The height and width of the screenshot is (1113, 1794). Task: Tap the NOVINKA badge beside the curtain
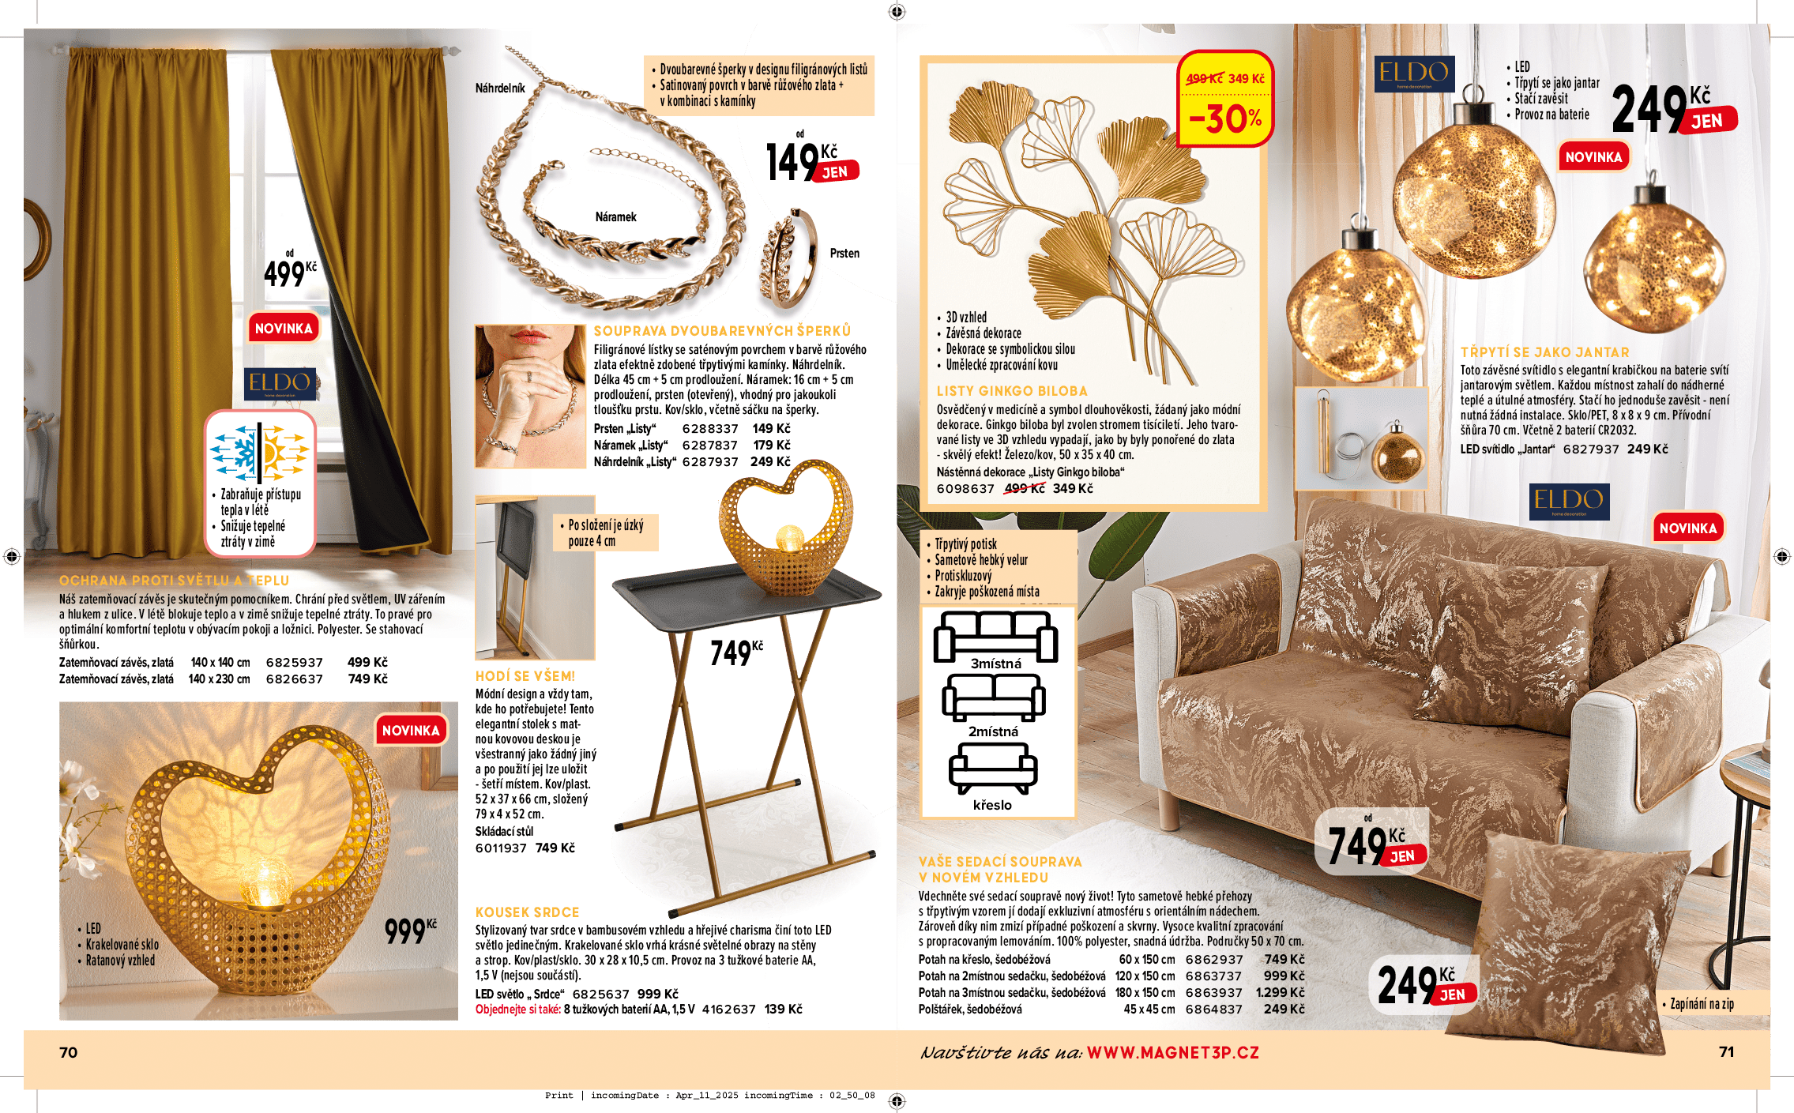[x=284, y=328]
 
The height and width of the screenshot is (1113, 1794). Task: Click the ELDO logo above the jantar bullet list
[x=1413, y=74]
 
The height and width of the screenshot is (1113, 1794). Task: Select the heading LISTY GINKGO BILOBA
[x=1012, y=391]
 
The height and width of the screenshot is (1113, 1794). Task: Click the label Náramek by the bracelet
[x=615, y=217]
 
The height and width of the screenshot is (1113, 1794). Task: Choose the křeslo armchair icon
[x=993, y=771]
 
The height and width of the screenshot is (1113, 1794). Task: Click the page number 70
[x=69, y=1052]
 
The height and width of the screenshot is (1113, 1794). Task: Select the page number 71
[x=1726, y=1051]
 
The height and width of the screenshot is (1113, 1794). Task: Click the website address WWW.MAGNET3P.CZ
[x=1172, y=1052]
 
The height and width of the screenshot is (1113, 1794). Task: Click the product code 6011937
[x=501, y=848]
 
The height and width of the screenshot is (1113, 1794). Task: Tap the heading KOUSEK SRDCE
[x=527, y=912]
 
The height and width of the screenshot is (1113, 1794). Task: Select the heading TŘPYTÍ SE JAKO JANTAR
[x=1544, y=352]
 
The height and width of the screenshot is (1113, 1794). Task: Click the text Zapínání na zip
[x=1702, y=1004]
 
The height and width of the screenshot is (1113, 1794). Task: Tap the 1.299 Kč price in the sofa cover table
[x=1280, y=992]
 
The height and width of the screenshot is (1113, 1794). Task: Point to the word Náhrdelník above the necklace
[x=500, y=88]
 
